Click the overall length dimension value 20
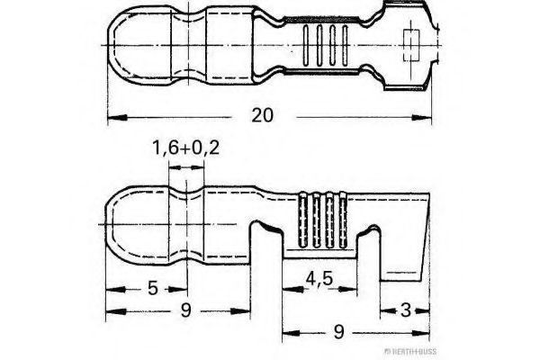[x=263, y=116]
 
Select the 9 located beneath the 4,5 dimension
[x=339, y=332]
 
